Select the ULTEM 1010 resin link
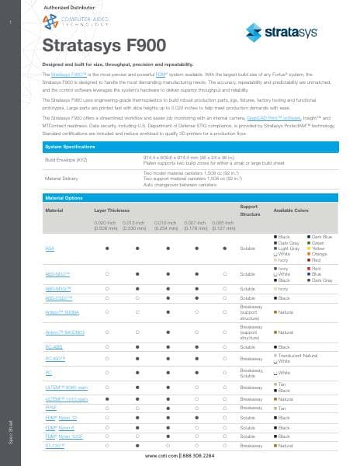coord(67,398)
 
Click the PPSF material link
coord(52,408)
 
